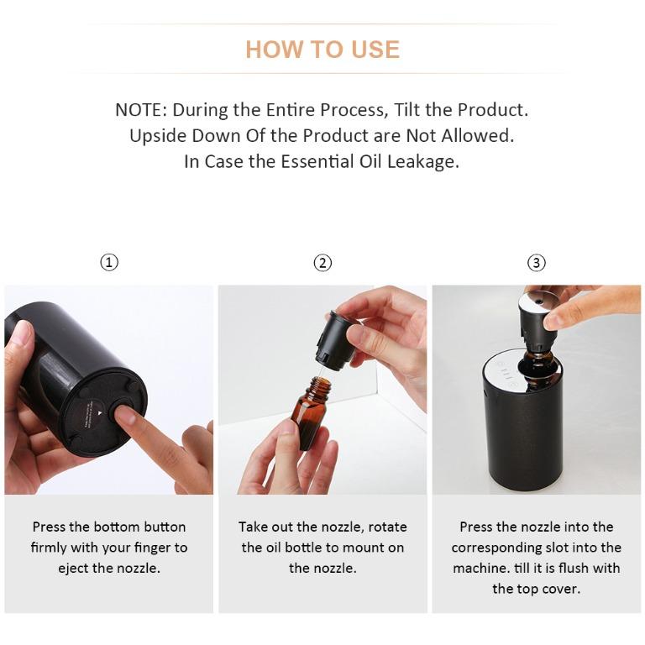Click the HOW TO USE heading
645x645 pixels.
pos(322,50)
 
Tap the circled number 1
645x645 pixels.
pos(109,263)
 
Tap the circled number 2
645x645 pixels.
pos(322,263)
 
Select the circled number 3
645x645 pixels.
pos(537,263)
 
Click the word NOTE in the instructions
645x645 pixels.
pos(140,110)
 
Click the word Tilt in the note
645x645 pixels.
pos(412,110)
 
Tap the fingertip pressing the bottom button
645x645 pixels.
pos(124,413)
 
